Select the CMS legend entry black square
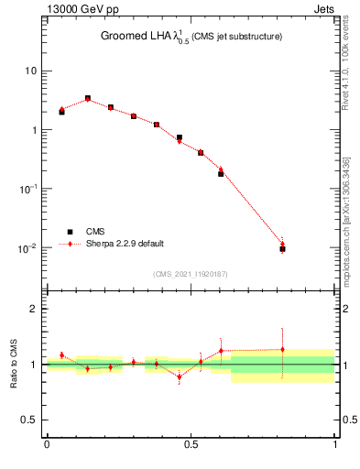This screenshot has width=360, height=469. [70, 232]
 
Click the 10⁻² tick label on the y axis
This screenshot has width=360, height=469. [28, 247]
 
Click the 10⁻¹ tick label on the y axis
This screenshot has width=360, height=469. [28, 188]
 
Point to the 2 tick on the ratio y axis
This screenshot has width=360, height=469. [35, 309]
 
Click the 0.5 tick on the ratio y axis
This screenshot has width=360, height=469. [30, 420]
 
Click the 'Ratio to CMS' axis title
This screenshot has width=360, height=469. [13, 365]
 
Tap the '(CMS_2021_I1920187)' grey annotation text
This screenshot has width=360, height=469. [191, 274]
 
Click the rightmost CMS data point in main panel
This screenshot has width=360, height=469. [282, 248]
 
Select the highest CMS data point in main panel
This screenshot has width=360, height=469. [88, 98]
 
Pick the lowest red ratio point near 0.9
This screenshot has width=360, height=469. [180, 376]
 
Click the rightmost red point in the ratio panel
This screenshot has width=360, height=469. [282, 349]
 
